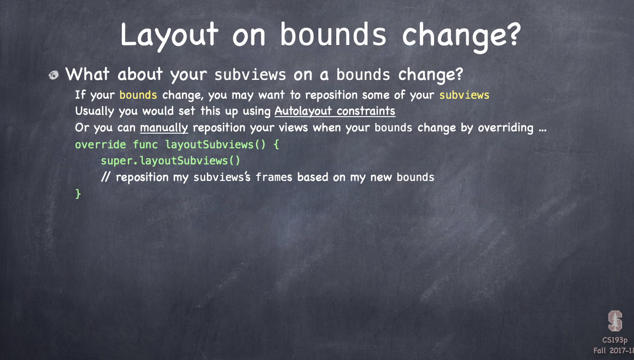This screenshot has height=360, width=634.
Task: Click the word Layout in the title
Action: point(169,36)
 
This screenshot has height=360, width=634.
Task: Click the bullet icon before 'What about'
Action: point(53,75)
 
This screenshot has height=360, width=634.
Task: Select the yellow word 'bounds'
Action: point(138,95)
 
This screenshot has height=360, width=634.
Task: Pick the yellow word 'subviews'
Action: point(464,95)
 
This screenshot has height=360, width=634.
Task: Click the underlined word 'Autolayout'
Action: point(303,111)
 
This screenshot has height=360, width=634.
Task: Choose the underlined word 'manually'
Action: point(164,128)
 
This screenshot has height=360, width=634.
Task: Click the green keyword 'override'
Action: point(100,145)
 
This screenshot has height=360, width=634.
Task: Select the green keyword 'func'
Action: point(145,145)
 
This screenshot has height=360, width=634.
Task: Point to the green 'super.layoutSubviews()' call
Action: point(170,161)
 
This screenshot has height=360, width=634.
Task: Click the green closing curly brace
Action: point(78,194)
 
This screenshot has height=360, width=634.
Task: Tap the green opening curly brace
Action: point(276,145)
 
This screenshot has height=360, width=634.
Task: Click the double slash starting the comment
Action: point(105,177)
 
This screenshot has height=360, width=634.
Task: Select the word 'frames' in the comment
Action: point(274,177)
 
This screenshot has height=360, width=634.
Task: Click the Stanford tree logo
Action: point(615,321)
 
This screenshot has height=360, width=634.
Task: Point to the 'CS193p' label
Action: point(615,340)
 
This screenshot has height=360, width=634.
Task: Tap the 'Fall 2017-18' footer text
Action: point(614,351)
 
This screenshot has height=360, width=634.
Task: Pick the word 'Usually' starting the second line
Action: point(95,111)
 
